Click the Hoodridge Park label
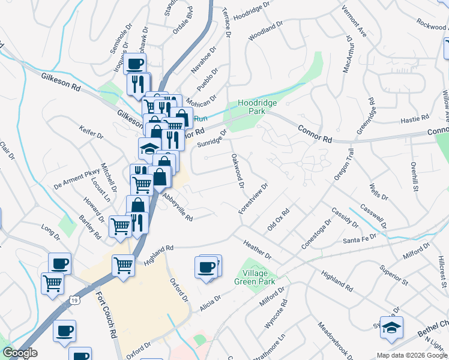[x=257, y=107]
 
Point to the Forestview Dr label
[x=253, y=199]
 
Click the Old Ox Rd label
[x=279, y=220]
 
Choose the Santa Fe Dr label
[x=359, y=238]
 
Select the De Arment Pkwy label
[x=76, y=177]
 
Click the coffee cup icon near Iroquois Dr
[x=135, y=64]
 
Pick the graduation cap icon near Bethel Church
[x=391, y=327]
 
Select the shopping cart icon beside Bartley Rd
[x=120, y=226]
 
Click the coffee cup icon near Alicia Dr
[x=206, y=267]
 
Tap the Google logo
[x=20, y=353]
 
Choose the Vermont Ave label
[x=354, y=22]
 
